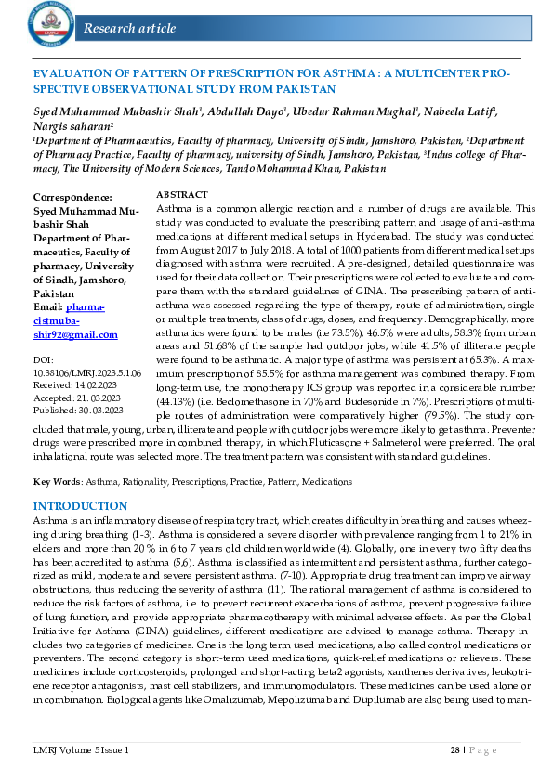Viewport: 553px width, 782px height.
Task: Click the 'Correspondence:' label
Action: point(72,197)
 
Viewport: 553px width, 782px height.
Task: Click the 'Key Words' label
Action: point(56,482)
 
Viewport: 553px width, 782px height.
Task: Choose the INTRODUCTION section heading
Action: point(80,506)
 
